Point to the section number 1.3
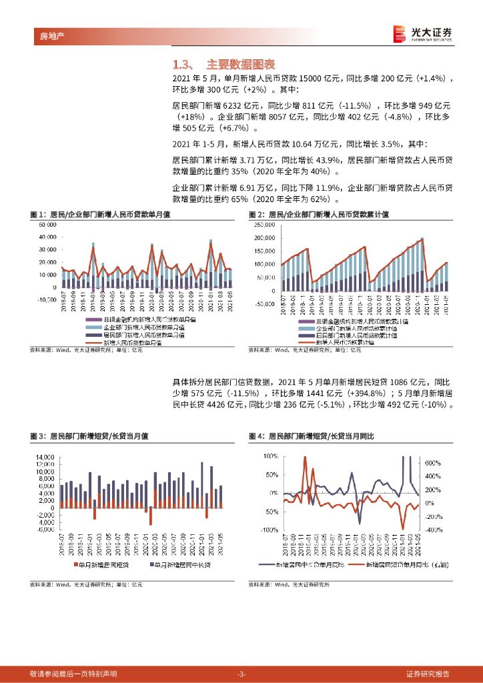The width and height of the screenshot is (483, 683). tap(182, 65)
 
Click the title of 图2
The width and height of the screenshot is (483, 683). tap(319, 214)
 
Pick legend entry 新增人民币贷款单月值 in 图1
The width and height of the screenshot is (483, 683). tap(133, 342)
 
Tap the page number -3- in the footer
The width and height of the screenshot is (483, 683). tap(241, 674)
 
